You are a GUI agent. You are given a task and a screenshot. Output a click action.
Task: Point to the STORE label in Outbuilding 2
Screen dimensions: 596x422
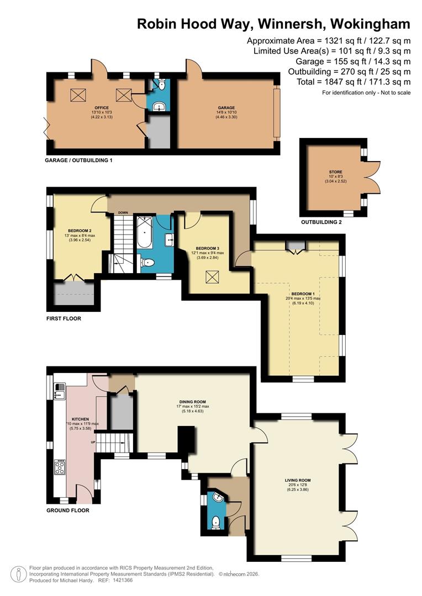335,172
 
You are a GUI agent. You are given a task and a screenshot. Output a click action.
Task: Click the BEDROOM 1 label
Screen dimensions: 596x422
302,294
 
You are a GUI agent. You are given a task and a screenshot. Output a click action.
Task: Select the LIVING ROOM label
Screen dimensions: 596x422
298,480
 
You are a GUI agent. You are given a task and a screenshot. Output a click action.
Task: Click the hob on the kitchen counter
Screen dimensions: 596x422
59,467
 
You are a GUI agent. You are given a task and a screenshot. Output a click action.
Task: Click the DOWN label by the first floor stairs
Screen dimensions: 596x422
123,212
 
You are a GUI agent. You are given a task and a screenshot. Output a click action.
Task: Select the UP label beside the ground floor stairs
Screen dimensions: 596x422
93,442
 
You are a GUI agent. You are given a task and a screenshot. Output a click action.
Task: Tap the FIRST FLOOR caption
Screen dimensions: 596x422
64,318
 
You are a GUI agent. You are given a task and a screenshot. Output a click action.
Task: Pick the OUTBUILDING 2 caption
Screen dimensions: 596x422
321,222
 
